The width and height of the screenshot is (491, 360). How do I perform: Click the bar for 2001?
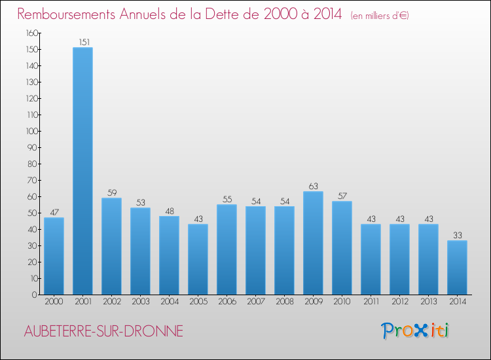(x=82, y=171)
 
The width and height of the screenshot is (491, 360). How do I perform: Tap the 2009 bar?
(x=313, y=243)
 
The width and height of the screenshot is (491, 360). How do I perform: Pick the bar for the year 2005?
(x=198, y=259)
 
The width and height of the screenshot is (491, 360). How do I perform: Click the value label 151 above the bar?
(x=82, y=43)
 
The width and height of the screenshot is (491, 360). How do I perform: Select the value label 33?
(x=457, y=236)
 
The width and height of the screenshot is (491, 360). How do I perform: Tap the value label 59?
(x=111, y=193)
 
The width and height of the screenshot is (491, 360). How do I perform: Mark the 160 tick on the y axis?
(x=31, y=33)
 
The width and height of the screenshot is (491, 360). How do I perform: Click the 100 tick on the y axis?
(x=31, y=131)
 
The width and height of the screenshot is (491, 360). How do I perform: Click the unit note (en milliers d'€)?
(x=380, y=16)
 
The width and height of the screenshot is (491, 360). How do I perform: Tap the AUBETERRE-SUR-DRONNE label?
(x=103, y=332)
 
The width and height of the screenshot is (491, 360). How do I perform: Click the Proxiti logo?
(x=415, y=331)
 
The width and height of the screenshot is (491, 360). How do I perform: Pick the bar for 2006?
(x=227, y=249)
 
